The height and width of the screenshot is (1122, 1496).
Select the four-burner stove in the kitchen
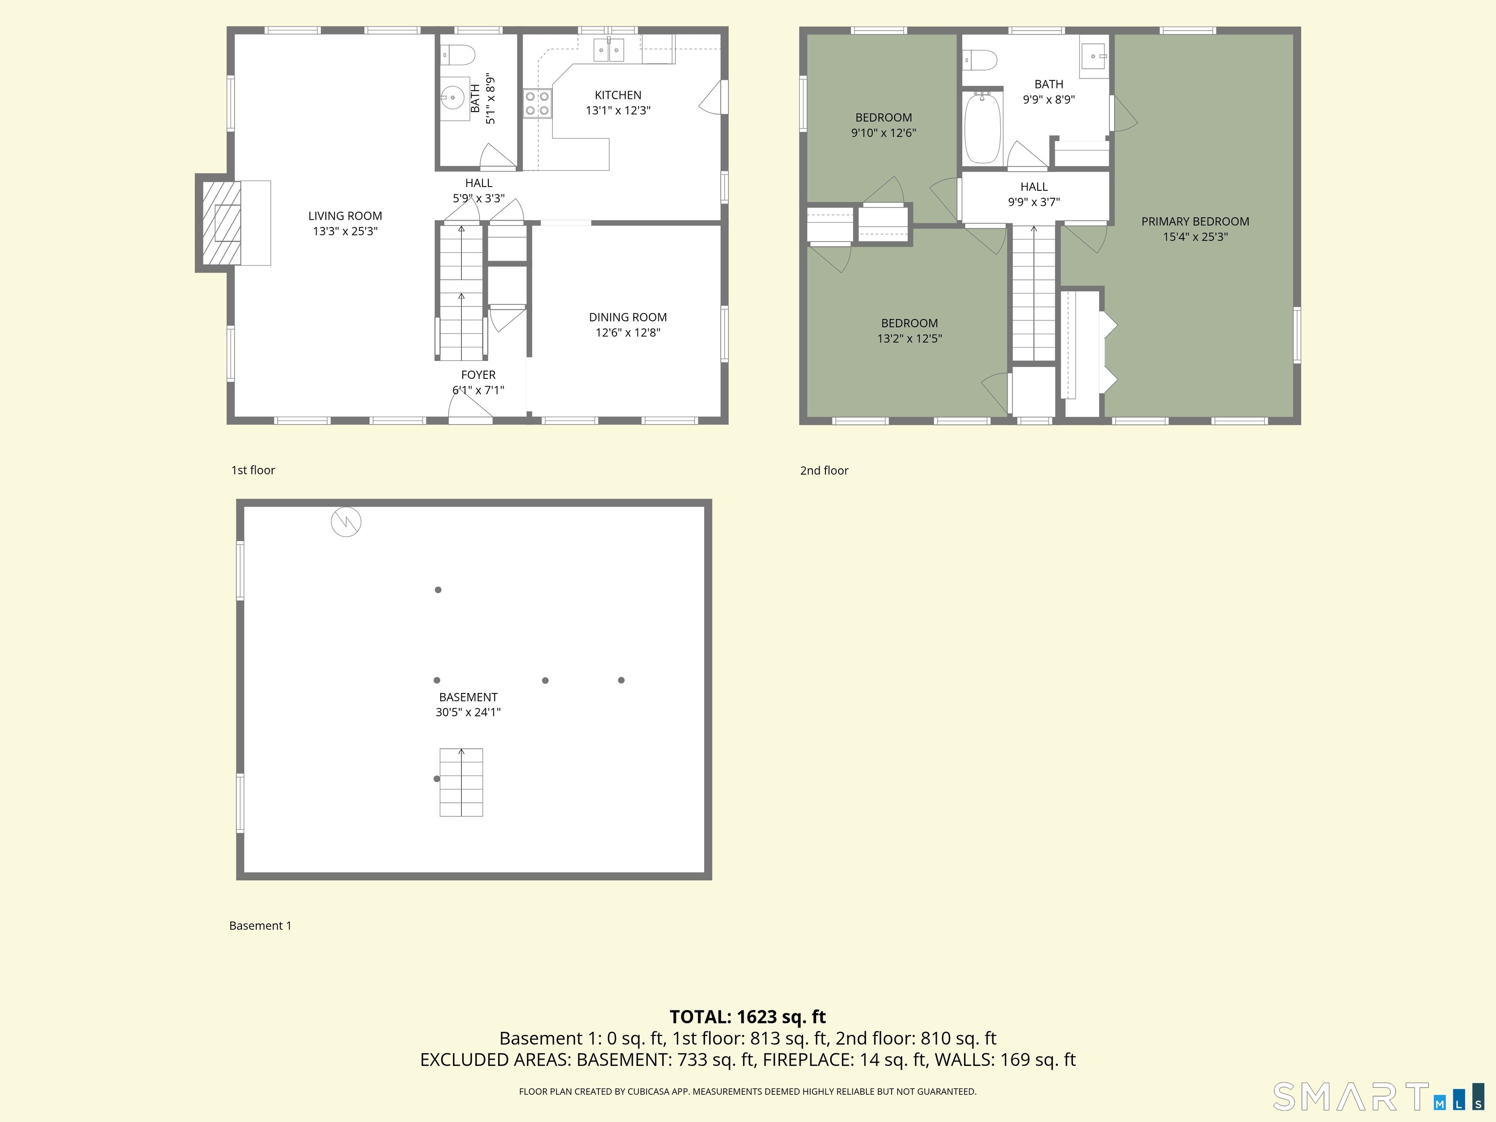point(537,103)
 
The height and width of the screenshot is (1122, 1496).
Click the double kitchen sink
point(608,50)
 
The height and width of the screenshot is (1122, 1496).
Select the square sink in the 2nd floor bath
point(1094,56)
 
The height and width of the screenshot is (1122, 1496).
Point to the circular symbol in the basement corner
point(346,522)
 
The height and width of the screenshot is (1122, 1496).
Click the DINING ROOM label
point(628,317)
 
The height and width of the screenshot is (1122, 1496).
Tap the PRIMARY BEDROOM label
point(1195,221)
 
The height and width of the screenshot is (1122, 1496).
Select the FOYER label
point(478,374)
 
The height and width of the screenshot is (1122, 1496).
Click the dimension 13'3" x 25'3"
point(345,231)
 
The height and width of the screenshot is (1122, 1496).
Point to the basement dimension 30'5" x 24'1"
point(468,712)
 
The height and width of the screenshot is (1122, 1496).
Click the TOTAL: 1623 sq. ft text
point(748,1016)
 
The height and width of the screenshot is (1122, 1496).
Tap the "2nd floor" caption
point(824,471)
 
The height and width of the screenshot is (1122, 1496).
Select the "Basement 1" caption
point(261,926)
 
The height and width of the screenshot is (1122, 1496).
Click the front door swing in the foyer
point(471,406)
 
